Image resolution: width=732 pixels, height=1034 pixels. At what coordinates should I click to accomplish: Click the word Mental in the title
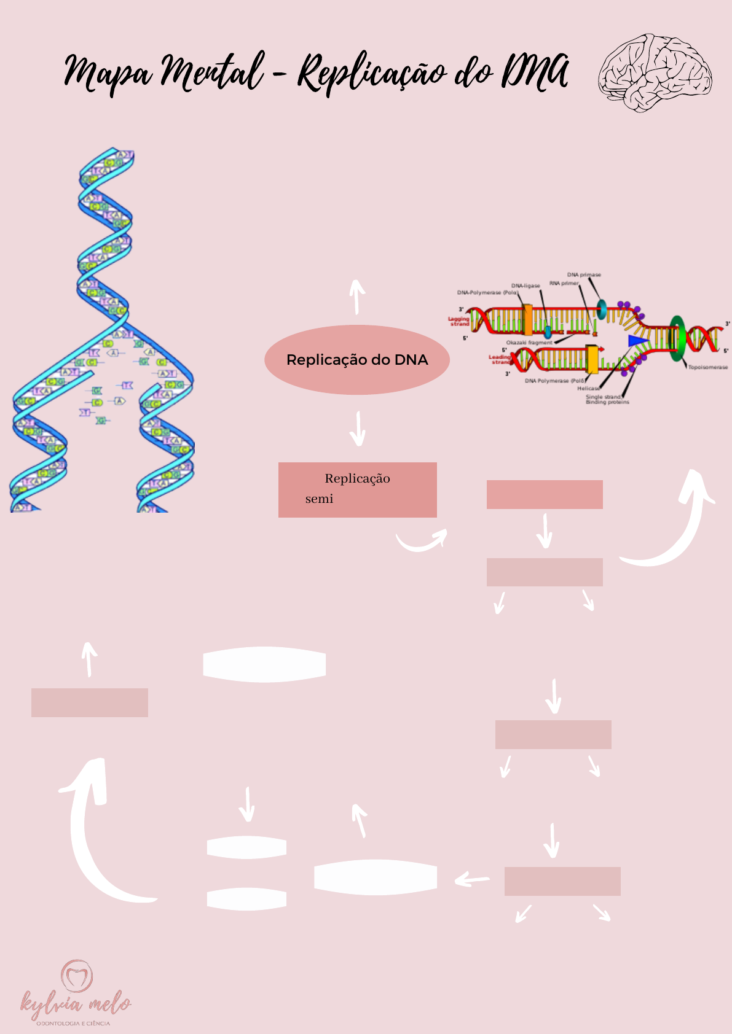(x=212, y=72)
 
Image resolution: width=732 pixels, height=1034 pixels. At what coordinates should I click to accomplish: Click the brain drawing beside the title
(x=655, y=72)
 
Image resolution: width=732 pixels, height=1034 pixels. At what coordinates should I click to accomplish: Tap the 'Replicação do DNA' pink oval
(x=357, y=360)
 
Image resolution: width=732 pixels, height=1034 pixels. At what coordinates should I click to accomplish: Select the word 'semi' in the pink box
(x=319, y=499)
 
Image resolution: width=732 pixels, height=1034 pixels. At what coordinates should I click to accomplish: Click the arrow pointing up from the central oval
(x=356, y=296)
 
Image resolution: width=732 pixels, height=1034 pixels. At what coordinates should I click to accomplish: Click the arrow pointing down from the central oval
(x=357, y=429)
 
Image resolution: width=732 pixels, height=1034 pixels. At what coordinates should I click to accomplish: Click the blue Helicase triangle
(x=637, y=340)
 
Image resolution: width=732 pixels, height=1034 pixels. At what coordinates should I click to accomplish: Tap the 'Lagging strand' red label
(x=458, y=321)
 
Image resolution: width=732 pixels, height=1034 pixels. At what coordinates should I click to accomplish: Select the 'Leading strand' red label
(x=500, y=359)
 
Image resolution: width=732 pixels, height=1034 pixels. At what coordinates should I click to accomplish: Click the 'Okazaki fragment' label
(x=529, y=342)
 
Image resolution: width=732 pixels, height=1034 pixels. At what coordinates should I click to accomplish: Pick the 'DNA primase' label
(x=584, y=274)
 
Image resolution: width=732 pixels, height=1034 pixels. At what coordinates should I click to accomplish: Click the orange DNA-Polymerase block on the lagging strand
(x=527, y=320)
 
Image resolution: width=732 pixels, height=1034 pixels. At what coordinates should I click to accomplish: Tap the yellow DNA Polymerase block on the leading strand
(x=592, y=359)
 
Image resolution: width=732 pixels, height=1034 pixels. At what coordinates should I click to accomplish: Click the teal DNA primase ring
(x=601, y=309)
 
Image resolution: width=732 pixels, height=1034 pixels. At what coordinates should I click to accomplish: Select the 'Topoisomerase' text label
(x=707, y=367)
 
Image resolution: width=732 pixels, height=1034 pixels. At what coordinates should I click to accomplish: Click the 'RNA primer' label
(x=564, y=283)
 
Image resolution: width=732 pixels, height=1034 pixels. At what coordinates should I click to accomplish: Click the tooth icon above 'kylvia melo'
(x=77, y=975)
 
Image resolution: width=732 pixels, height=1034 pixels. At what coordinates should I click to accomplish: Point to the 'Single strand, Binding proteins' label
(x=607, y=399)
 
